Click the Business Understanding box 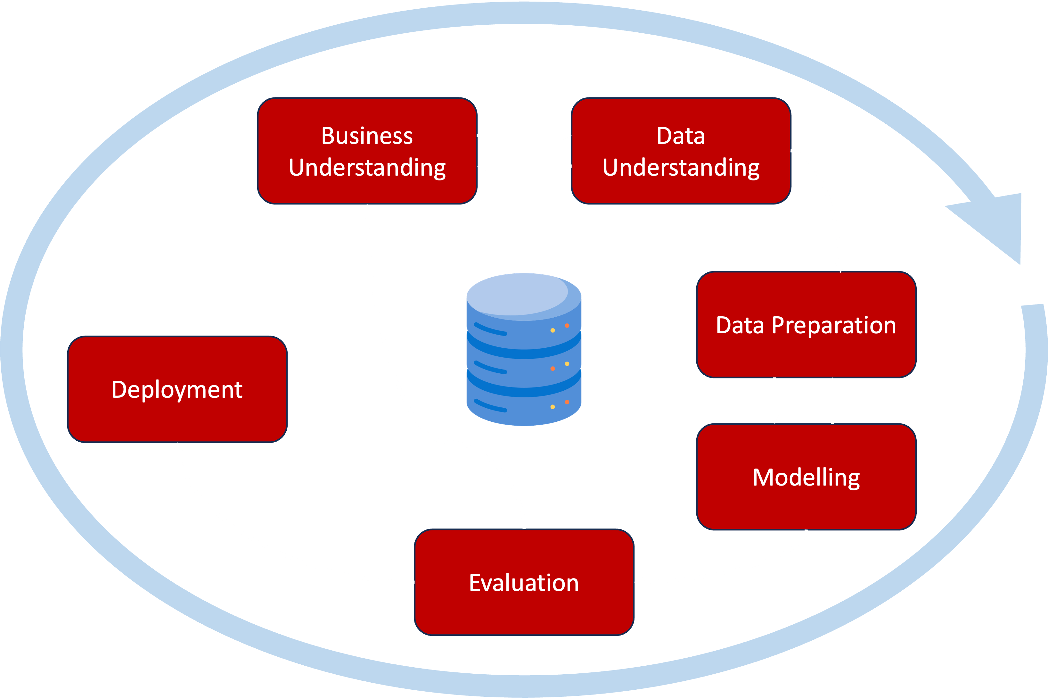point(367,151)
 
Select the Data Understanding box point(681,151)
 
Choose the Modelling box point(806,477)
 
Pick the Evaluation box point(524,582)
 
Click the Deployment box point(177,389)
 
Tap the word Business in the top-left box point(367,136)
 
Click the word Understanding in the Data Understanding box point(681,167)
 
